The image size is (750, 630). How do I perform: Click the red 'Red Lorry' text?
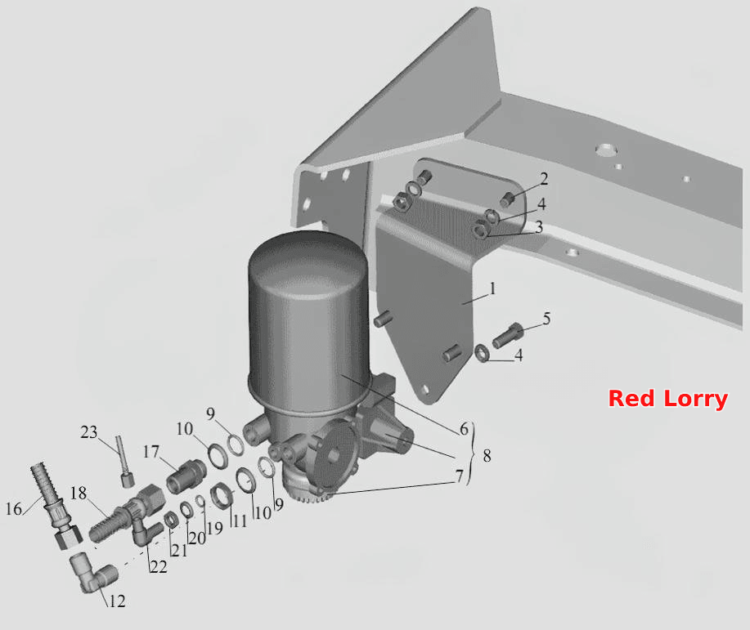(x=667, y=399)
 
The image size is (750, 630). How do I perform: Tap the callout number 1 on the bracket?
(x=492, y=288)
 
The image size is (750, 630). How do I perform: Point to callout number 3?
(x=539, y=227)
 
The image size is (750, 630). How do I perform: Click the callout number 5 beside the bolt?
(x=546, y=319)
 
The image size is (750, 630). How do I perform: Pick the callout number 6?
(x=464, y=429)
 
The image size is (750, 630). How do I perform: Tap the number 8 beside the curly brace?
(x=487, y=455)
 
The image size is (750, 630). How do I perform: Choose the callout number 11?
(x=240, y=520)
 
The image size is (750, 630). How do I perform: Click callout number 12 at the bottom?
(x=117, y=601)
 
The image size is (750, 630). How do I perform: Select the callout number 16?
(x=14, y=508)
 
